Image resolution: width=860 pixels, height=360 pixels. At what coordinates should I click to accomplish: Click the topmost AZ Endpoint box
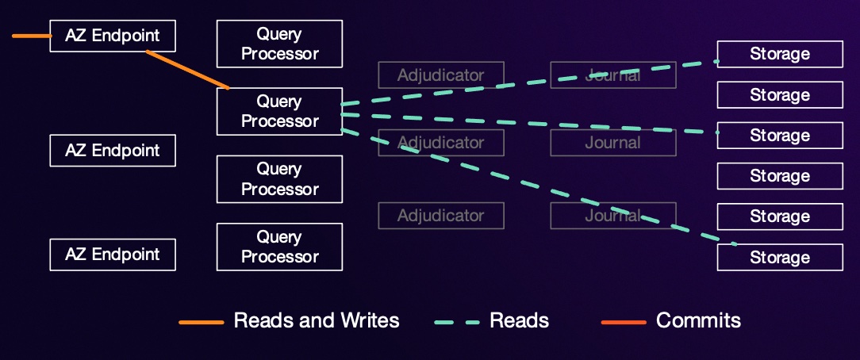[112, 36]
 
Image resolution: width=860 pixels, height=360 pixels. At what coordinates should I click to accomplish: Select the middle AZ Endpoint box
[112, 150]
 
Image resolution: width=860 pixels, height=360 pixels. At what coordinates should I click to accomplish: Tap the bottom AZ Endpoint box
[112, 255]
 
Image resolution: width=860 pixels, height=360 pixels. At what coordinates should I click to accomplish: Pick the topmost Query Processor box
[279, 44]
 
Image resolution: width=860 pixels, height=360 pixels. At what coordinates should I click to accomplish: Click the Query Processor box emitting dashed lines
[279, 111]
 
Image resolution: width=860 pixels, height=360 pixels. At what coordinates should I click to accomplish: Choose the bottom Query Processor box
[279, 247]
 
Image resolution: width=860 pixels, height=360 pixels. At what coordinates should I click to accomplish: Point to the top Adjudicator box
[440, 75]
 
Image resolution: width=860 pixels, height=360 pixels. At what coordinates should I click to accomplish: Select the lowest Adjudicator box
[440, 216]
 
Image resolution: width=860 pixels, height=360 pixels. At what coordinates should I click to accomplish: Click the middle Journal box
[612, 143]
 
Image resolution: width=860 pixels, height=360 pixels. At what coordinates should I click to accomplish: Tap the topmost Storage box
[780, 54]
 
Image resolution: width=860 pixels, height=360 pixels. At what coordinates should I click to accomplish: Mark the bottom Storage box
[780, 258]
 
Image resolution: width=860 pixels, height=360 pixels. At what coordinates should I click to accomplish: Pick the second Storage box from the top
[780, 95]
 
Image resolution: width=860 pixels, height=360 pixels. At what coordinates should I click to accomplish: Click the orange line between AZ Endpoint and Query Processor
[188, 70]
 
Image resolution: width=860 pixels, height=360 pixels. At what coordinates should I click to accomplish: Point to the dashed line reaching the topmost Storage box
[524, 82]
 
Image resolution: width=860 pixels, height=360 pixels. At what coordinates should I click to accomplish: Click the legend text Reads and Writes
[317, 320]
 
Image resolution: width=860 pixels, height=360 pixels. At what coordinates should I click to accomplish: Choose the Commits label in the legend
[698, 320]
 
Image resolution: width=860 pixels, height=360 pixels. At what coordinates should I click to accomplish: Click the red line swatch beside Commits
[624, 322]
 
